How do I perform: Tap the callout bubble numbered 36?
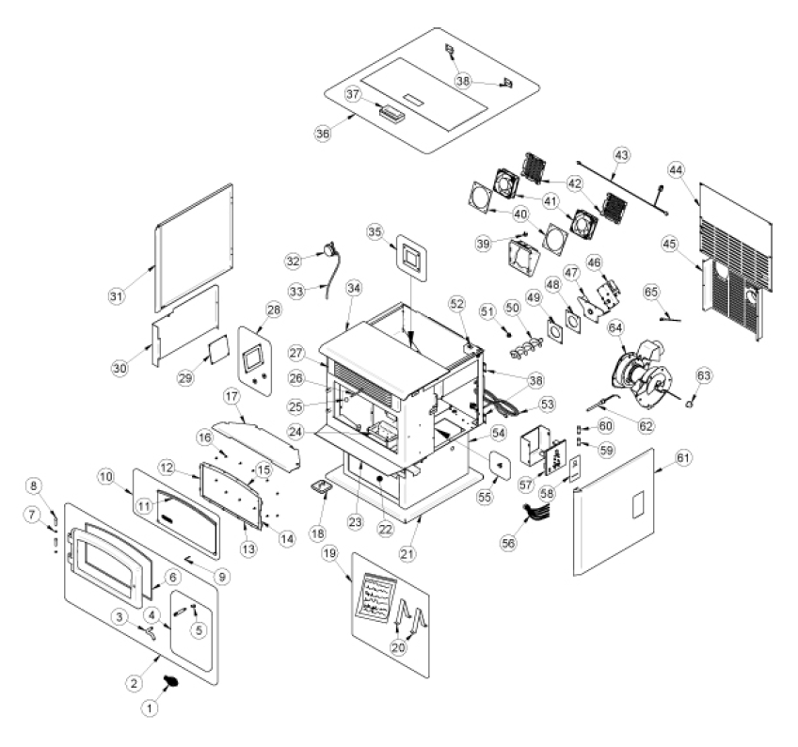click(323, 134)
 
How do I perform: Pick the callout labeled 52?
click(458, 304)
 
